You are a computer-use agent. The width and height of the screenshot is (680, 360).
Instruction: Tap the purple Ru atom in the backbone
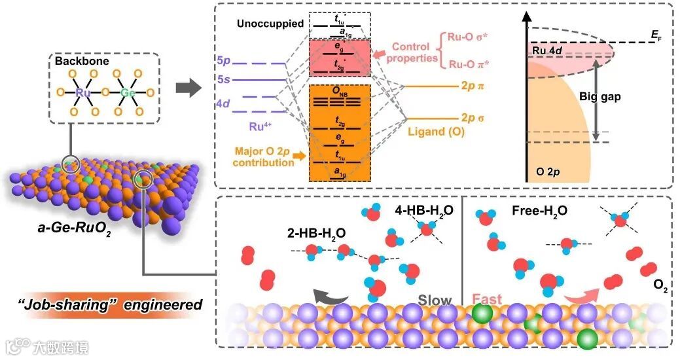(83, 93)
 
